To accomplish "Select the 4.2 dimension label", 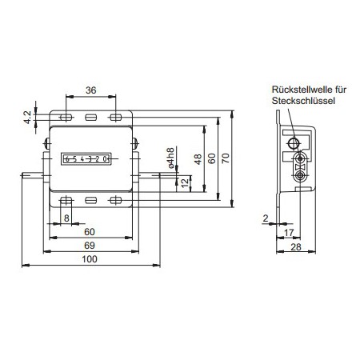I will tap(27, 118).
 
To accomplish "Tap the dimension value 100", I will tap(90, 258).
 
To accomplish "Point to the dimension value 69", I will tap(90, 245).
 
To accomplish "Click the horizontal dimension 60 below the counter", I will tap(90, 231).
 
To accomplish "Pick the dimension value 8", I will tap(66, 218).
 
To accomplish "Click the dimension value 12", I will tap(185, 183).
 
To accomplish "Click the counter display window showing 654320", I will tap(86, 158).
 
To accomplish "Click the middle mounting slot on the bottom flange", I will tap(90, 200).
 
